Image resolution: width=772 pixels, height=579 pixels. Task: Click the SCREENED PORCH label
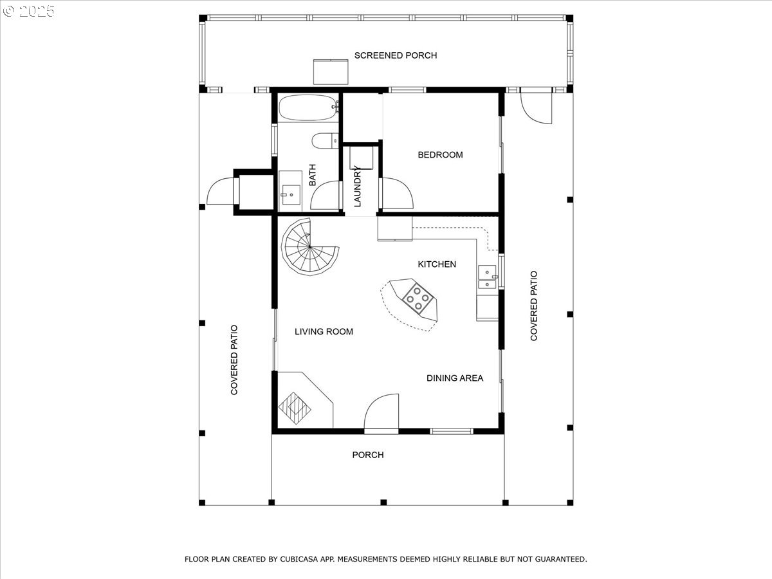[x=395, y=55]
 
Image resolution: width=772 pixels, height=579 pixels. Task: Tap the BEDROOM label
[x=440, y=154]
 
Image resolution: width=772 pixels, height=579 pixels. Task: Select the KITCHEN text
[x=437, y=264]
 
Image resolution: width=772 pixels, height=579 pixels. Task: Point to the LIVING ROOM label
[x=324, y=331]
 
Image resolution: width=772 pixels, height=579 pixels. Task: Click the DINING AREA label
[x=455, y=378]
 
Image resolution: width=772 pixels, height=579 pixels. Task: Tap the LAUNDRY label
[x=357, y=187]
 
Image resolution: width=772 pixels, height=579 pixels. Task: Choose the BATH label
[x=312, y=175]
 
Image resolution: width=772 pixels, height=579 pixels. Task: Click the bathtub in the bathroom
[x=308, y=107]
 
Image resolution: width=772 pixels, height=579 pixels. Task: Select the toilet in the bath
[x=325, y=141]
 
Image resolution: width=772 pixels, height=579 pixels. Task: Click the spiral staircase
[x=310, y=247]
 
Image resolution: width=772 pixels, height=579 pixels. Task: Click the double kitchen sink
[x=488, y=277]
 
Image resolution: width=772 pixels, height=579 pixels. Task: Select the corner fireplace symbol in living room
[x=295, y=408]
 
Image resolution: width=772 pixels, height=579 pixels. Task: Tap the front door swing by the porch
[x=381, y=412]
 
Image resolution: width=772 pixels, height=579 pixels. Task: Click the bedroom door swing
[x=397, y=194]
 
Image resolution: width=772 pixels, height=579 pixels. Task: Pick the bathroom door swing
[x=326, y=196]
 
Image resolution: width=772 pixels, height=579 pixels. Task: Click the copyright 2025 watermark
[x=28, y=11]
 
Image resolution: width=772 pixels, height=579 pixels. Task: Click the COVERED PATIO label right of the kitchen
[x=534, y=306]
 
